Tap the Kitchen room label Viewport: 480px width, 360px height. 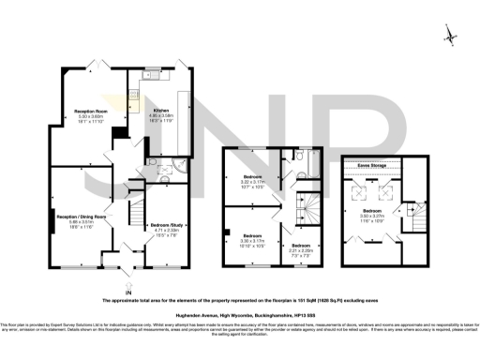tap(161, 110)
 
